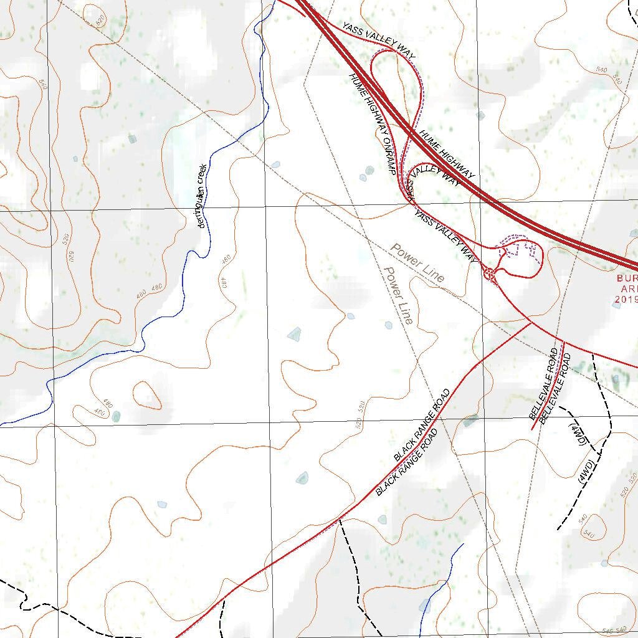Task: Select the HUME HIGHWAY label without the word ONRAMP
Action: pos(447,154)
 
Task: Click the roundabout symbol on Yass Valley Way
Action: pos(490,273)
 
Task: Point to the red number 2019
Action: pos(626,300)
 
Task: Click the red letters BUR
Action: pos(627,279)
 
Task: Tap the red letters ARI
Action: pos(628,289)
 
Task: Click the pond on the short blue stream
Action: pos(425,605)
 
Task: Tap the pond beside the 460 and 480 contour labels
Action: pos(115,416)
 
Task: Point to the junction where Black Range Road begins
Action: pos(530,323)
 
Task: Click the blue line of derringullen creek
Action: pos(187,262)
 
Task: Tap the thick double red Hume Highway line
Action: pos(542,224)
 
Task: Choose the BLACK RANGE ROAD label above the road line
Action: pos(422,425)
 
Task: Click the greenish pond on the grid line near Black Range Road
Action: pos(470,421)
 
